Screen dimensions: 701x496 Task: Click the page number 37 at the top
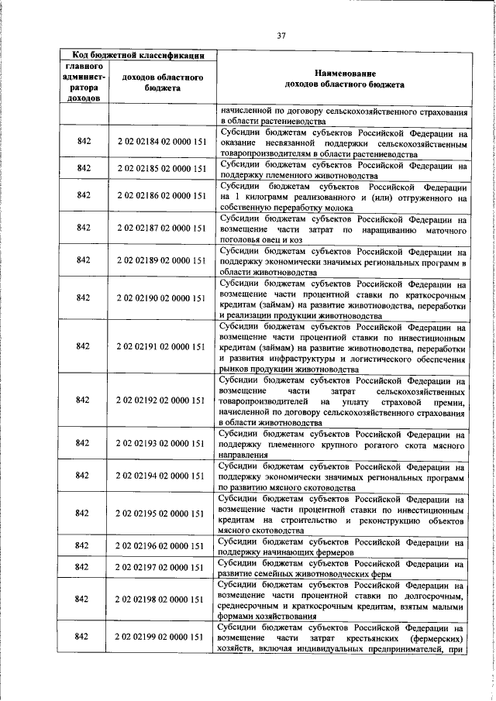coord(281,34)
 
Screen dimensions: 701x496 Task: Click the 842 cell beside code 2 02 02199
coord(84,637)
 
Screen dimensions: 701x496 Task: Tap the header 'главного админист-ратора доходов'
coord(84,82)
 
